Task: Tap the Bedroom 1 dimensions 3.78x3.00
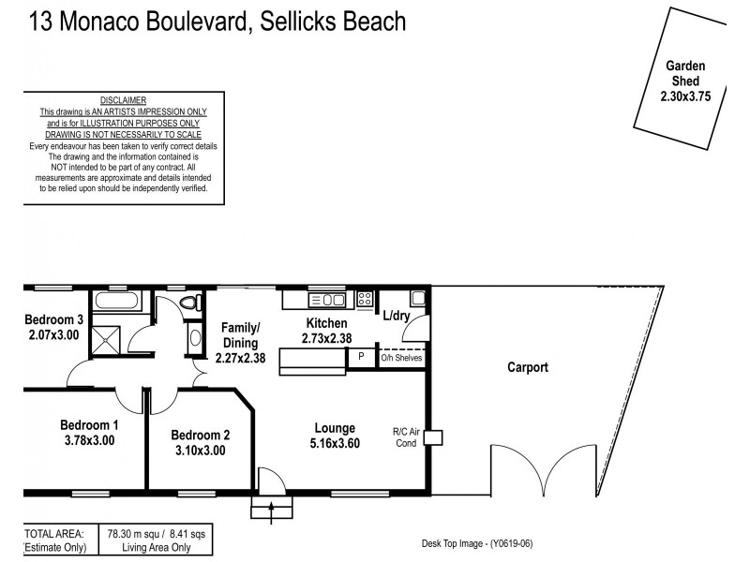point(89,440)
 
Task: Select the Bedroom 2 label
point(200,435)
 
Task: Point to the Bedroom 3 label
point(54,319)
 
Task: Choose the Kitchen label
point(326,323)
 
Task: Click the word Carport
point(526,368)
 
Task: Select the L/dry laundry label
point(396,316)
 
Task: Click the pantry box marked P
point(361,357)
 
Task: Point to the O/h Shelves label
point(401,358)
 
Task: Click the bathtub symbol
point(117,302)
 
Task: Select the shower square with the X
point(111,337)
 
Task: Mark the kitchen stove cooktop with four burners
point(365,300)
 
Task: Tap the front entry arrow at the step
point(272,510)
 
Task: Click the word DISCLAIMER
point(123,100)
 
